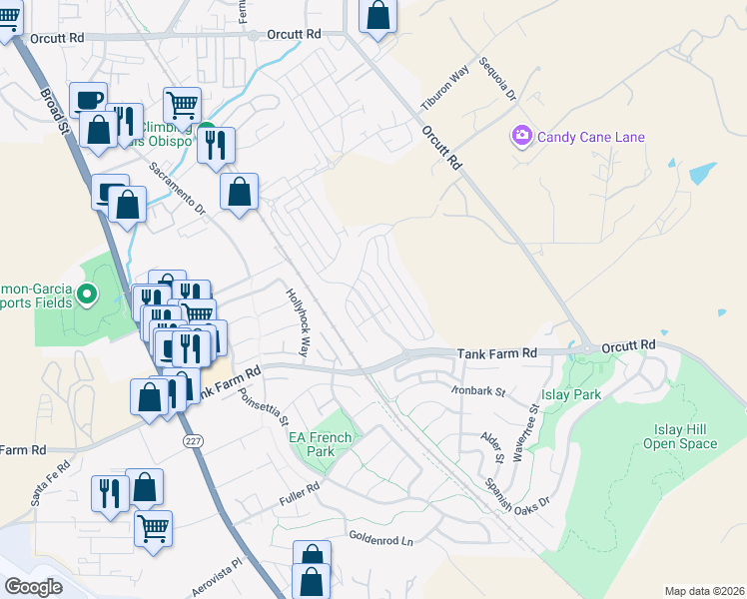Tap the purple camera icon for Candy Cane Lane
pos(520,136)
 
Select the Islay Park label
pos(571,394)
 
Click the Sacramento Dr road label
pos(177,190)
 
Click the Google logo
pos(34,587)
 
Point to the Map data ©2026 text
pos(705,591)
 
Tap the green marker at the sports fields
pos(87,294)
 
